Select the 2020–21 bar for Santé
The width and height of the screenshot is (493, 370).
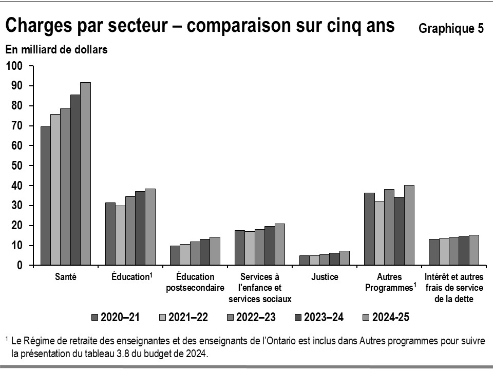coord(46,196)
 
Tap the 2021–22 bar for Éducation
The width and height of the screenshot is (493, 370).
coord(120,235)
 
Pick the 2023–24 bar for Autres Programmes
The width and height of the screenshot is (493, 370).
coord(399,231)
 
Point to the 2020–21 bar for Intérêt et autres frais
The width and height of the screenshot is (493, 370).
coord(434,252)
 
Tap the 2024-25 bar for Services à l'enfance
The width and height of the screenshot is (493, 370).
coord(280,245)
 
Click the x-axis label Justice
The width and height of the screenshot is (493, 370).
coord(325,277)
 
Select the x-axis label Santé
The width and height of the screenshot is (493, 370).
coord(66,277)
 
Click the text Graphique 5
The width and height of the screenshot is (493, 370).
coord(451,29)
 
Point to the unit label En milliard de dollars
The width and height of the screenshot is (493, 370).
coord(56,50)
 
